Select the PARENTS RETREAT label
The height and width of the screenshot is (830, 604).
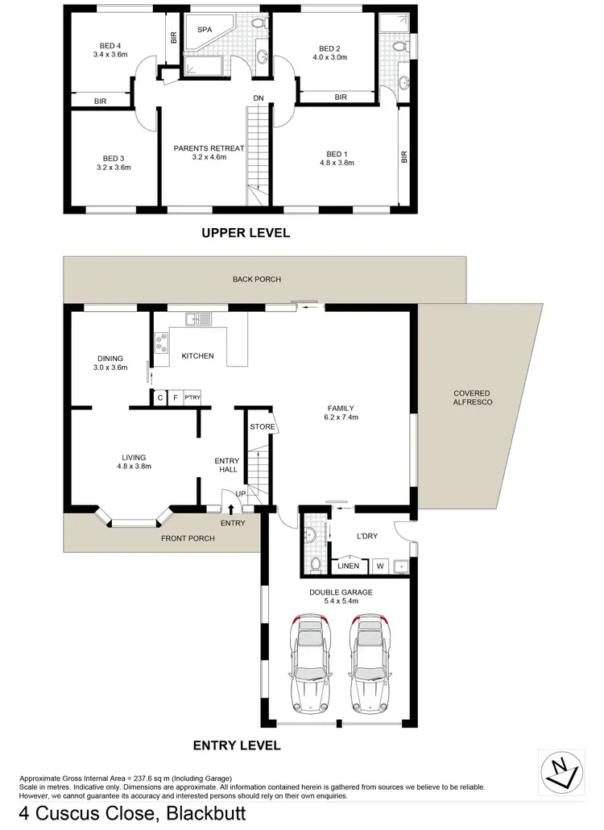tap(209, 148)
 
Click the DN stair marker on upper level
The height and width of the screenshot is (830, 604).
tap(258, 98)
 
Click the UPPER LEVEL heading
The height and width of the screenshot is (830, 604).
tap(245, 234)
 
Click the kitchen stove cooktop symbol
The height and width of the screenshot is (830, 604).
tap(160, 344)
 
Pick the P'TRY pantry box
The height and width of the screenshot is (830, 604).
tap(192, 397)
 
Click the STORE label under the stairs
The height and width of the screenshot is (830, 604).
tap(262, 426)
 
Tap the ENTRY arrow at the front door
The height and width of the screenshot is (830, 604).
tap(232, 509)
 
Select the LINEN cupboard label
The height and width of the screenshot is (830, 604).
tap(348, 566)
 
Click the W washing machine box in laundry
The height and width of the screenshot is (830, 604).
tap(379, 566)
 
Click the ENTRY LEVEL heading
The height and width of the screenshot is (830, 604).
tap(237, 746)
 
